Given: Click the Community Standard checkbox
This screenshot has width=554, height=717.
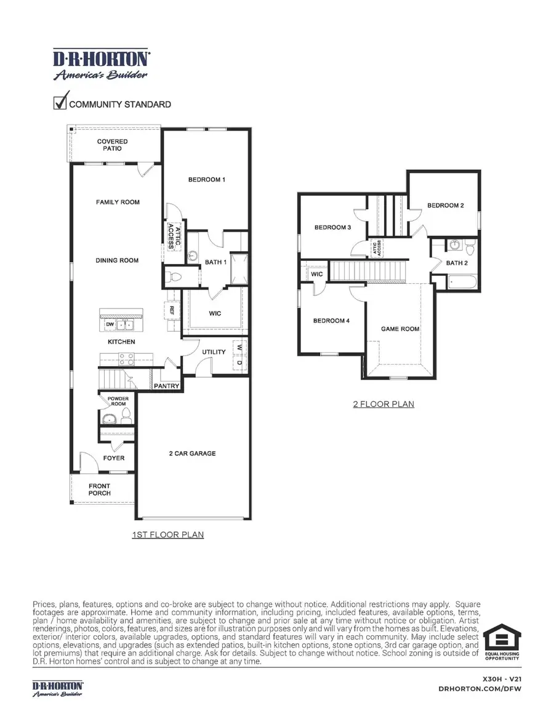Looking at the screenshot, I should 60,102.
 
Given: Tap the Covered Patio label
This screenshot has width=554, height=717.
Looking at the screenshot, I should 113,145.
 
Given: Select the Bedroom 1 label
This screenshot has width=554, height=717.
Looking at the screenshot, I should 206,180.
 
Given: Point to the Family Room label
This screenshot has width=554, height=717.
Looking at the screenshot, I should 118,202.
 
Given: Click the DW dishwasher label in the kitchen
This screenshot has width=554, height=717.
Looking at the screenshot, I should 110,324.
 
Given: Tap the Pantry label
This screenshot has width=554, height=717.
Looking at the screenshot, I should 167,387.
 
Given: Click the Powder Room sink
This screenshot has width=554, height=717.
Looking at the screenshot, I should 110,420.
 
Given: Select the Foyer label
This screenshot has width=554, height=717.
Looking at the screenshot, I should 114,458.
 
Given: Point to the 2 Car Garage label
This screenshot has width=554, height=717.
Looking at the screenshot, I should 193,454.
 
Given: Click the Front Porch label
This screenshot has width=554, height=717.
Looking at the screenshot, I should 99,490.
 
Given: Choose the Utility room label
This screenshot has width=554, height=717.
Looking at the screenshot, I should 214,352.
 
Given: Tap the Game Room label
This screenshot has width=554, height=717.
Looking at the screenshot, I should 400,329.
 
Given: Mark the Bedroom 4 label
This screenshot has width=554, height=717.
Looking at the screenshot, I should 331,321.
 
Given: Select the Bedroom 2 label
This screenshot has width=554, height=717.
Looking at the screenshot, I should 446,206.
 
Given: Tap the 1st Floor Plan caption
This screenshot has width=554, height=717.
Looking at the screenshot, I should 168,535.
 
